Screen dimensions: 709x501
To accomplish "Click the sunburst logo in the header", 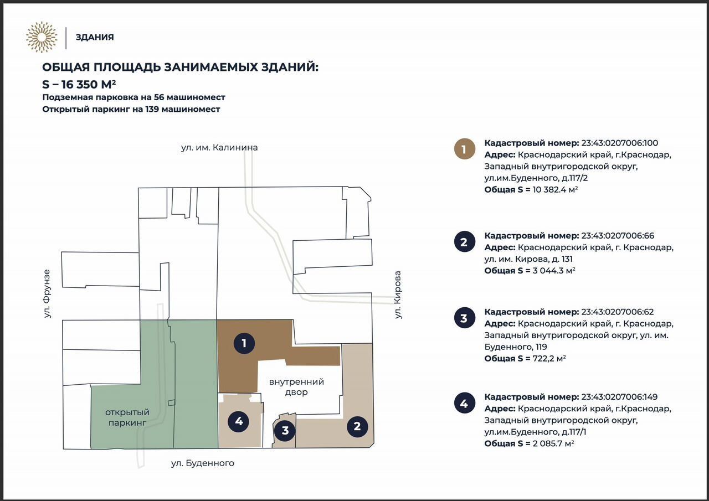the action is (42, 37).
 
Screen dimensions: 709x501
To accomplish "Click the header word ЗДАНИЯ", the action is (95, 37).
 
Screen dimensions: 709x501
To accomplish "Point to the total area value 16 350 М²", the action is (89, 85).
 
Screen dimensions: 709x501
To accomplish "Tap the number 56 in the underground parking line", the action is (158, 97).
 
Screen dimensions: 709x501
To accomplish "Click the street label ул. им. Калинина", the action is (219, 148).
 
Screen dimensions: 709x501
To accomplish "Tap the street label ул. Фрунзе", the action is (47, 293).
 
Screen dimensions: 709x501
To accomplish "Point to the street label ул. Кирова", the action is (398, 295).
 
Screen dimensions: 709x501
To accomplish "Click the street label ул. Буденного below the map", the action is (203, 463).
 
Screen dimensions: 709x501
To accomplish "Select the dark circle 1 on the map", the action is (244, 343).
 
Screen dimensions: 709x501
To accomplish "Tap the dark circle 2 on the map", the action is (357, 426).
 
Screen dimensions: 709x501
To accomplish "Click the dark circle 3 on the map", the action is (285, 431).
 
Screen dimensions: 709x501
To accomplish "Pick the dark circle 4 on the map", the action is (239, 421).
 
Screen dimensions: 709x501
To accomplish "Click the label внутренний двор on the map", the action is (296, 387).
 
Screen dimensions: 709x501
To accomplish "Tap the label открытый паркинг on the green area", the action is (127, 417).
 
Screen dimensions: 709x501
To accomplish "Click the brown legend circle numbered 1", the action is (464, 149).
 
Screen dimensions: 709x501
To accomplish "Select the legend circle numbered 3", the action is (464, 318).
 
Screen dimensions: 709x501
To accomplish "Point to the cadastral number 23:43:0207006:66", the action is (618, 236).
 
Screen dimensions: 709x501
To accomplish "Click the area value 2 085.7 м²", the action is (553, 443).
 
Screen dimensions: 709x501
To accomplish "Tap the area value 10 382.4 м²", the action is (555, 189).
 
